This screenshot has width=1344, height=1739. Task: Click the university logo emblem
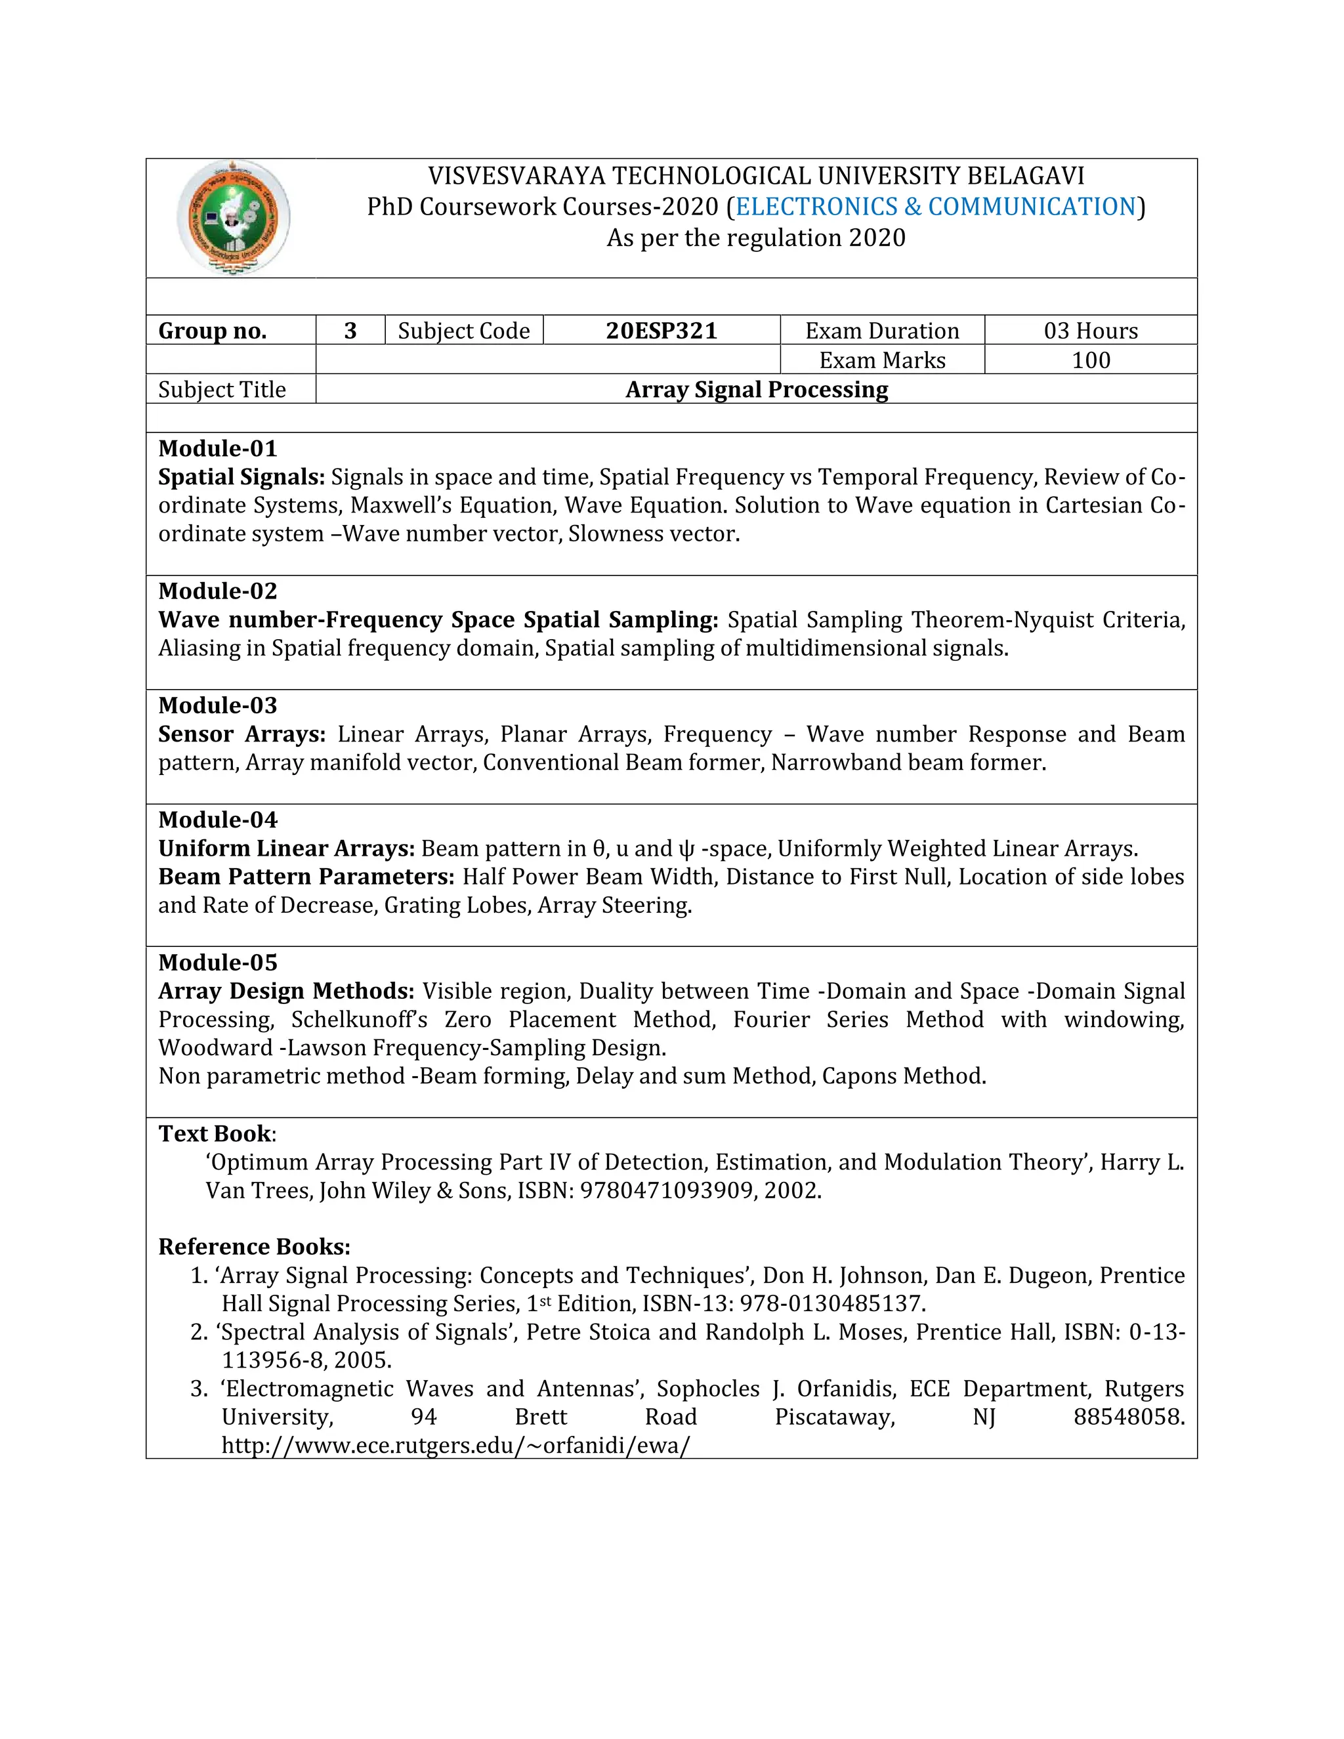[x=232, y=217]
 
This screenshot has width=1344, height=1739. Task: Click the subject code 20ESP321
[x=661, y=331]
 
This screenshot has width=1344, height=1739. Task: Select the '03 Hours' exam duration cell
[x=1090, y=331]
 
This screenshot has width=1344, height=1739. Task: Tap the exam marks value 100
[x=1090, y=360]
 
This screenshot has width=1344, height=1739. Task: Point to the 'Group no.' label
[x=213, y=331]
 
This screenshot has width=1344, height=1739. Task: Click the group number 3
[x=350, y=331]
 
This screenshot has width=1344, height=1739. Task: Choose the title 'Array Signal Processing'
[x=757, y=389]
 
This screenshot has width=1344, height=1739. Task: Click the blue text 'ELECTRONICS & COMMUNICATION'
[x=936, y=206]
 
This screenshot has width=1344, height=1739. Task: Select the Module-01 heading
[x=217, y=448]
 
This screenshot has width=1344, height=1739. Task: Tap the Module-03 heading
[x=217, y=705]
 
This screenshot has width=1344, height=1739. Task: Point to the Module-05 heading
[x=217, y=963]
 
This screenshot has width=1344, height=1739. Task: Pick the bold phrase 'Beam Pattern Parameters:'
[x=306, y=877]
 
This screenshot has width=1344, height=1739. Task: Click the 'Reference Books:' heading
[x=254, y=1246]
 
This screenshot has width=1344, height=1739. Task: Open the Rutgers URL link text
[x=455, y=1445]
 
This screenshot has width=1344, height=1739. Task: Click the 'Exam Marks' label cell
[x=882, y=360]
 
